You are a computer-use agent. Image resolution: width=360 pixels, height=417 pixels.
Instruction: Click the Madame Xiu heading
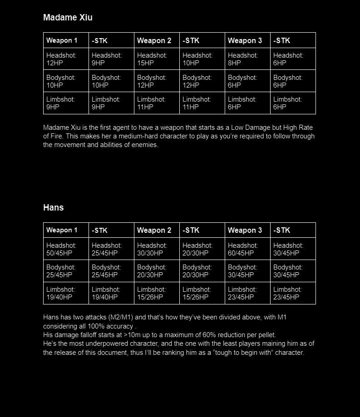(68, 18)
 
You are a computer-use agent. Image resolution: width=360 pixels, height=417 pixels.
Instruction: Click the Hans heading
(53, 207)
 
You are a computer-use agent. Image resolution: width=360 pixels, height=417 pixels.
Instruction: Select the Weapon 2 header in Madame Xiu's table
(154, 40)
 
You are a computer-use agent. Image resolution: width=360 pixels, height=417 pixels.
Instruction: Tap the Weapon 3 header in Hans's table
(245, 230)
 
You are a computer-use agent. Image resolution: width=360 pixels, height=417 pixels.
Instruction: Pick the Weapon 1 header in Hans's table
(62, 230)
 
